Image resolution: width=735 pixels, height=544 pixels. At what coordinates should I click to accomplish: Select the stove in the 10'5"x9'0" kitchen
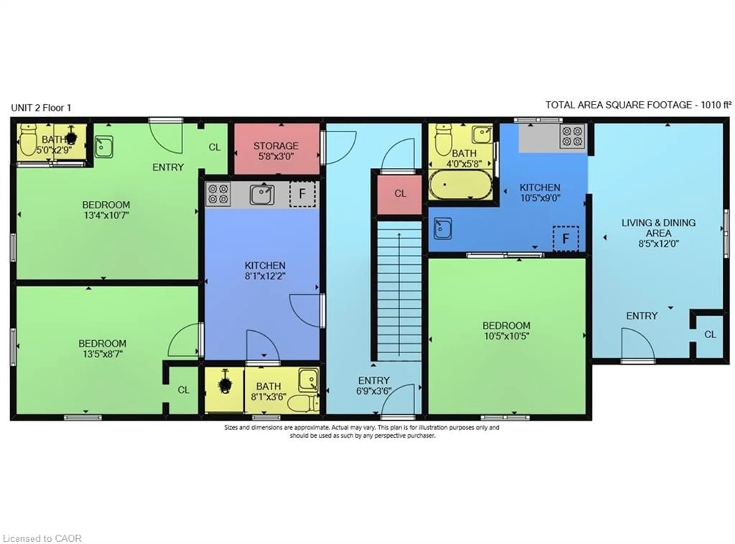point(572,136)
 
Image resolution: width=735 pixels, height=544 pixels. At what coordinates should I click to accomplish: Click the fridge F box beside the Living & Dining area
point(565,238)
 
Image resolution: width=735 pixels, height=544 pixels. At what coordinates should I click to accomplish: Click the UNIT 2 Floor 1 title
point(41,108)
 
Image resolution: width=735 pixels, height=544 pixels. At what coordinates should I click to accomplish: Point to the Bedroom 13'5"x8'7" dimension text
point(102,354)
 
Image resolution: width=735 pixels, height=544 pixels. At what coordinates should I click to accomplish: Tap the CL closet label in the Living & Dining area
point(710,334)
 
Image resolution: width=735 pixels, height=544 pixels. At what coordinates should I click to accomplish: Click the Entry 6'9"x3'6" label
point(374,386)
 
